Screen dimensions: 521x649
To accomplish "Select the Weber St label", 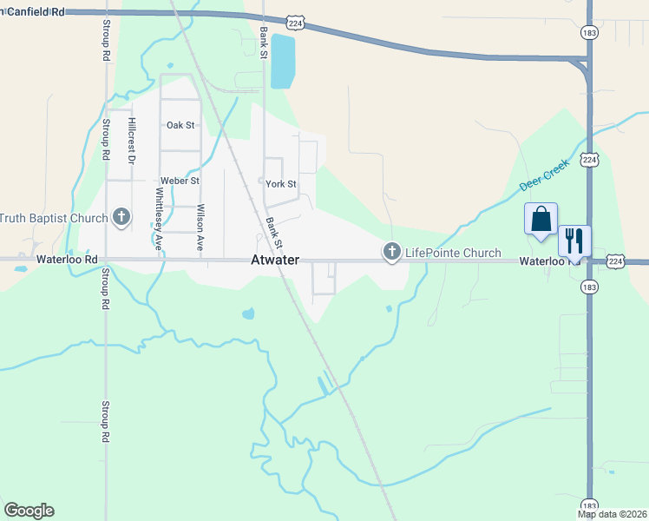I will pyautogui.click(x=180, y=181).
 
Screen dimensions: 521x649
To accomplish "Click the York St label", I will pyautogui.click(x=280, y=184).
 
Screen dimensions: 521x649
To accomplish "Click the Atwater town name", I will pyautogui.click(x=275, y=260).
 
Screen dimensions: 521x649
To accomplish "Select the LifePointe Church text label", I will pyautogui.click(x=454, y=253).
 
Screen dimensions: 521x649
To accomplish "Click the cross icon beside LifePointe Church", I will pyautogui.click(x=391, y=253).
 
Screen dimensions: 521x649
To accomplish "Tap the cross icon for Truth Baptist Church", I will pyautogui.click(x=121, y=217).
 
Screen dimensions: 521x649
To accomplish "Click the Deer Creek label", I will pyautogui.click(x=544, y=175).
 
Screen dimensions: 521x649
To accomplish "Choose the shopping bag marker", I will pyautogui.click(x=541, y=220).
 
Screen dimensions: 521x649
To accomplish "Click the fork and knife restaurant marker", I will pyautogui.click(x=574, y=240).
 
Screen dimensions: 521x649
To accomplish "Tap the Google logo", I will pyautogui.click(x=29, y=511).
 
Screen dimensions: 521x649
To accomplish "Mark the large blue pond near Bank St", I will pyautogui.click(x=282, y=61).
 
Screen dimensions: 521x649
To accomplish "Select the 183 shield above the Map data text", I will pyautogui.click(x=589, y=505).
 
